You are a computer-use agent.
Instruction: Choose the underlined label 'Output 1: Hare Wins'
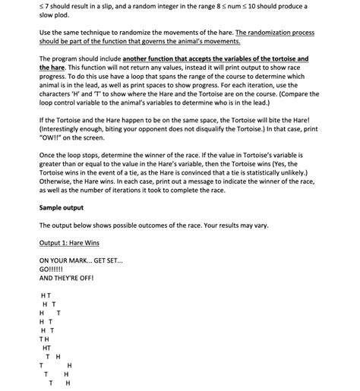click(69, 243)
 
